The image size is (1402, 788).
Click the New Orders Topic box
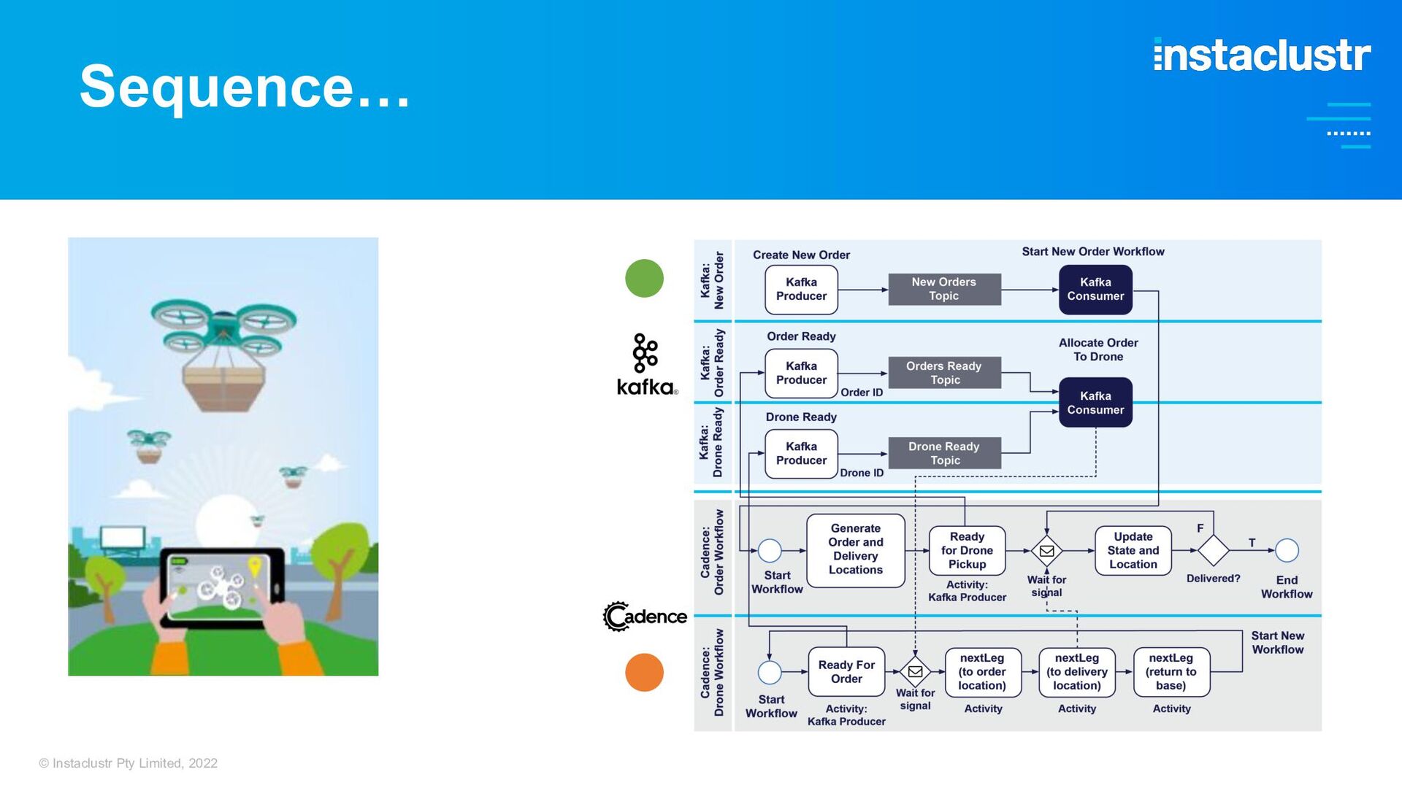pyautogui.click(x=944, y=289)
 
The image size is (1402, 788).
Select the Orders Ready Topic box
pyautogui.click(x=944, y=373)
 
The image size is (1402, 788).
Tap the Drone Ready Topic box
pyautogui.click(x=944, y=453)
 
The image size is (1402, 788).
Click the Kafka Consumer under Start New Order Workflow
pyautogui.click(x=1095, y=290)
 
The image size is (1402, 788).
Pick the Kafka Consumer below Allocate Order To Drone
pyautogui.click(x=1095, y=402)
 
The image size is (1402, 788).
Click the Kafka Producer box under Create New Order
pyautogui.click(x=801, y=290)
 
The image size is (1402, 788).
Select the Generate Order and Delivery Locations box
pyautogui.click(x=856, y=550)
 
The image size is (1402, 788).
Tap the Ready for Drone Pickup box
pyautogui.click(x=967, y=550)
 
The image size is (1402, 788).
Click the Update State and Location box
pyautogui.click(x=1133, y=550)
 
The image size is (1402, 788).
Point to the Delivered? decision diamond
pyautogui.click(x=1214, y=550)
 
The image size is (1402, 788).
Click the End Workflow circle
pyautogui.click(x=1287, y=550)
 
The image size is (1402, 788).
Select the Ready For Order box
pyautogui.click(x=846, y=671)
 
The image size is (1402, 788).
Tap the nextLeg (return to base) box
pyautogui.click(x=1171, y=672)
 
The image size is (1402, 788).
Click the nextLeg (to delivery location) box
pyautogui.click(x=1077, y=672)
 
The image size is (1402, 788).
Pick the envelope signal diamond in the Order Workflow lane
pyautogui.click(x=1046, y=551)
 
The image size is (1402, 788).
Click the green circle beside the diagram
pyautogui.click(x=644, y=278)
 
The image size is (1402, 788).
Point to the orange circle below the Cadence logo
pyautogui.click(x=644, y=672)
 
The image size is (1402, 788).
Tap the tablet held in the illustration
pyautogui.click(x=223, y=587)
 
